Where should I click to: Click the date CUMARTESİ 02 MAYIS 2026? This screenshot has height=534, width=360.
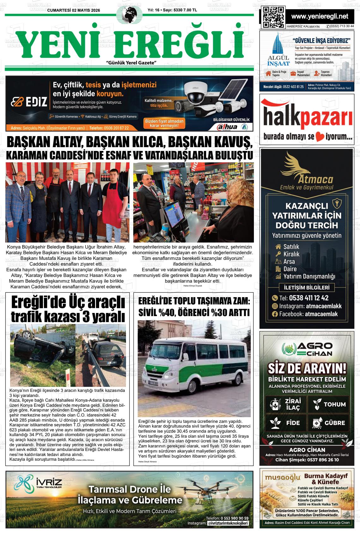(73, 10)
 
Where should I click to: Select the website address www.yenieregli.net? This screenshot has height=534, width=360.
(320, 16)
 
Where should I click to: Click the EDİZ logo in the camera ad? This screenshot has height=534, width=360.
(29, 102)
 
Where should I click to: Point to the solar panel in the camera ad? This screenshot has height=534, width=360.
(232, 91)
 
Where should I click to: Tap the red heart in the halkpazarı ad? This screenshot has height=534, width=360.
(321, 137)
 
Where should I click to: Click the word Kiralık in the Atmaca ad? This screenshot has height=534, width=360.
(291, 254)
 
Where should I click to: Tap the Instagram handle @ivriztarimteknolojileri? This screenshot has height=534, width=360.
(228, 523)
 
